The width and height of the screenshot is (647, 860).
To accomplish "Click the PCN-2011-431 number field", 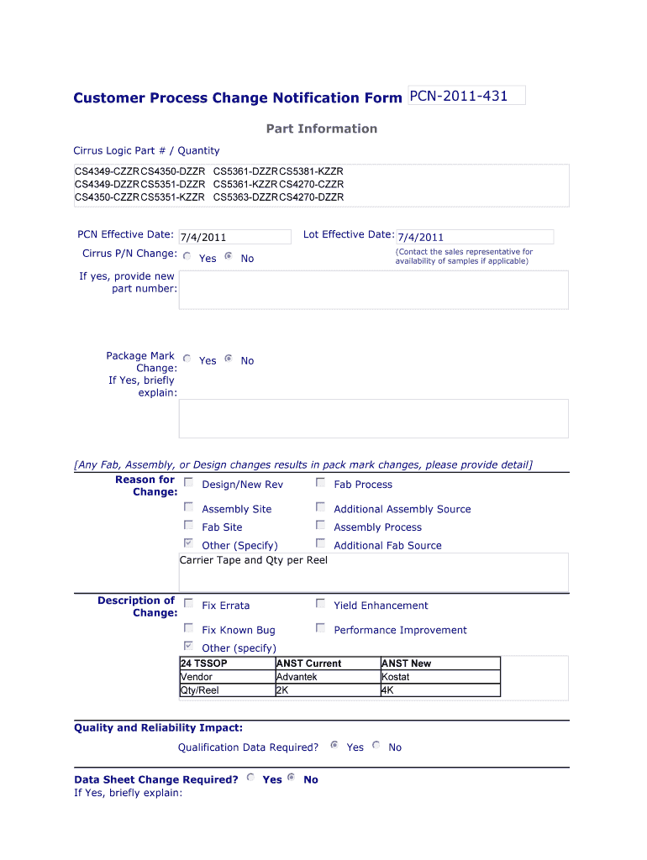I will coord(466,96).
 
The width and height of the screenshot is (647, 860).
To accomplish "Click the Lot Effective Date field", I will coord(475,237).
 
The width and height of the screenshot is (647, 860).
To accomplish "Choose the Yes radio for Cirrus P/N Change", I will coord(187,256).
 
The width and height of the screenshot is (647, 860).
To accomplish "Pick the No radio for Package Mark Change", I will coord(229,359).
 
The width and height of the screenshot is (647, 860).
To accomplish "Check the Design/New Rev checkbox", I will coord(188,483).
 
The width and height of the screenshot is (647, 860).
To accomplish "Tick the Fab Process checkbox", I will coord(320,483).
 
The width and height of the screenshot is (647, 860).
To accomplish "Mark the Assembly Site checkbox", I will coord(188,507).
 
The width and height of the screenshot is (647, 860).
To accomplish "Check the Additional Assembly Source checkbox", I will coord(320,507).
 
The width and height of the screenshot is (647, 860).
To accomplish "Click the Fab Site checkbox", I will coord(188,526).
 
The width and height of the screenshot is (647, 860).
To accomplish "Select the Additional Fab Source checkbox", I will coord(320,543).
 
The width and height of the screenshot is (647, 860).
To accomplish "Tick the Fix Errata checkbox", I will coord(188,604).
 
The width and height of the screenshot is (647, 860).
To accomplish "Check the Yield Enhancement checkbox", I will coord(320,604).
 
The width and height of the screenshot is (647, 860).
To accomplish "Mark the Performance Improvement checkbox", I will coord(320,628).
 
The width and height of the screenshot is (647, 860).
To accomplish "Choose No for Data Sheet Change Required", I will coord(292,778).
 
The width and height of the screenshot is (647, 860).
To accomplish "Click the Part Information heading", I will coord(322,128).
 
